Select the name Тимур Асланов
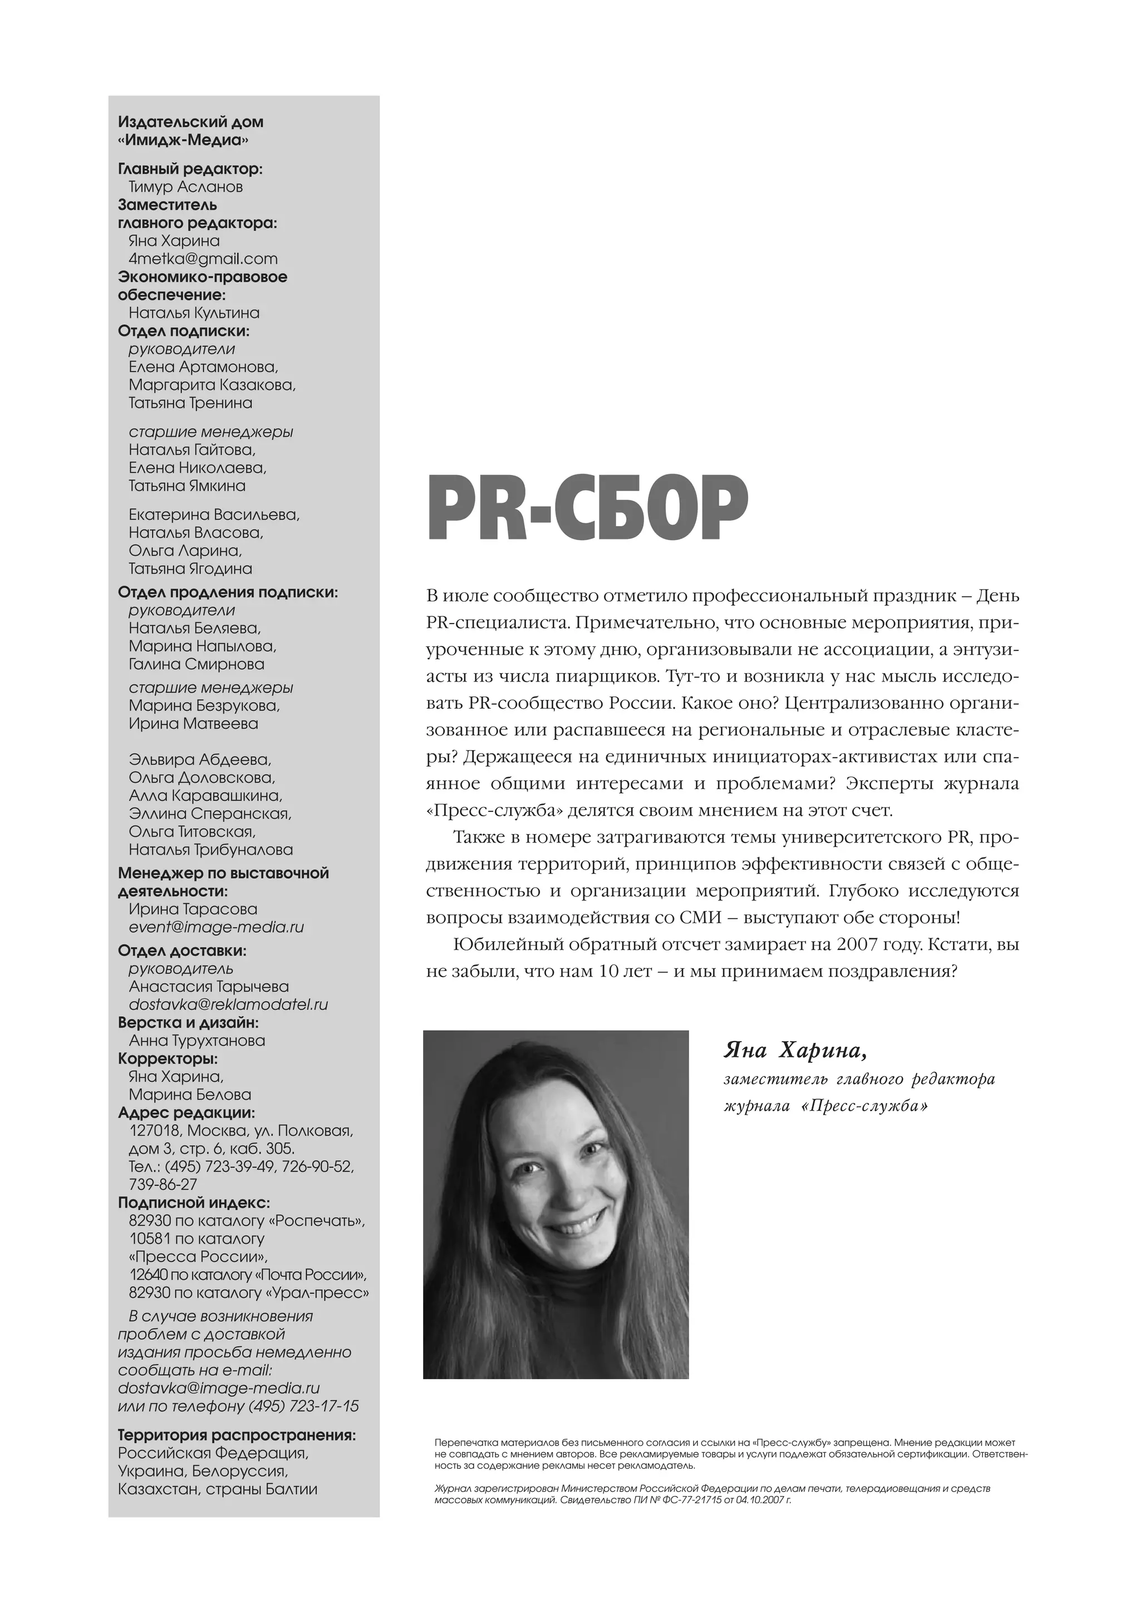pos(185,187)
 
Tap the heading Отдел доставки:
pos(182,950)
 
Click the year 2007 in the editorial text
pos(856,945)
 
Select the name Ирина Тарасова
pos(193,909)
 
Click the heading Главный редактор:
pos(190,169)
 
